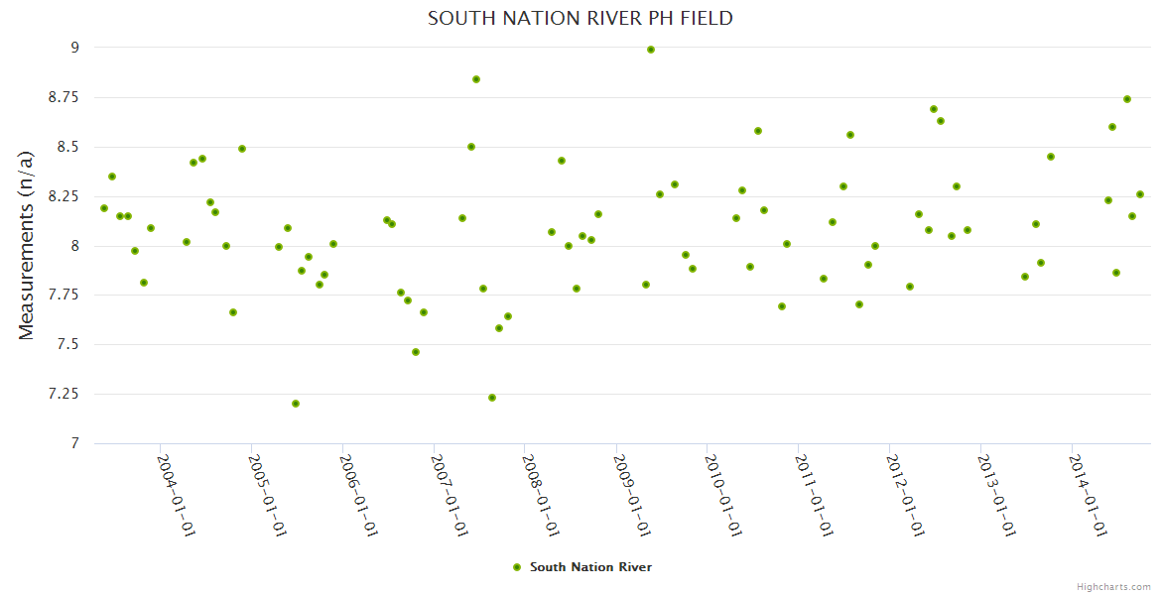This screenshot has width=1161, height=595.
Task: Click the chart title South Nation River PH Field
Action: click(x=580, y=19)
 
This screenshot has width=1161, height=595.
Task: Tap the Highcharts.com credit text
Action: click(x=1113, y=586)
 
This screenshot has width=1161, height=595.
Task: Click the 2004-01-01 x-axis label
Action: click(x=176, y=495)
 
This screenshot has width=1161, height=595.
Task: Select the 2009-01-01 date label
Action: click(x=631, y=495)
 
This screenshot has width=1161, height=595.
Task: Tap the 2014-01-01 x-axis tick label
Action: click(x=1087, y=495)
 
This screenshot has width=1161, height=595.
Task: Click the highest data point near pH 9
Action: click(x=651, y=50)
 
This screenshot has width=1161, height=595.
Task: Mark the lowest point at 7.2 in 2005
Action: click(x=296, y=404)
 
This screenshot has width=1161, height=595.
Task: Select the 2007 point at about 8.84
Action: click(x=476, y=79)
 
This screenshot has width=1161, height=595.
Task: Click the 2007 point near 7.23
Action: click(x=492, y=398)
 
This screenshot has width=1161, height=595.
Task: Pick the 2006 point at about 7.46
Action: click(x=416, y=352)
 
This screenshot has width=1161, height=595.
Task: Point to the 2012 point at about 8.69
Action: click(x=934, y=109)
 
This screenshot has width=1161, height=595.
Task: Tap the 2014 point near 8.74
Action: click(x=1127, y=99)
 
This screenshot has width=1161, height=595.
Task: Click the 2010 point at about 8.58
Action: click(x=758, y=131)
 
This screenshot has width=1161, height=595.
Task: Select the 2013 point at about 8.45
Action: click(x=1051, y=157)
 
